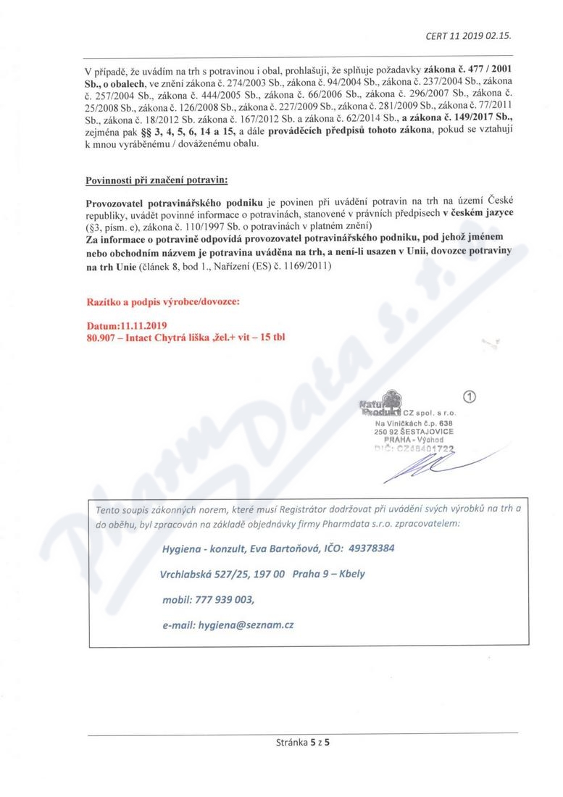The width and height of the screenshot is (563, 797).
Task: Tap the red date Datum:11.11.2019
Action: pos(127,326)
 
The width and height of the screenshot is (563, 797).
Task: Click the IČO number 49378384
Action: pos(367,548)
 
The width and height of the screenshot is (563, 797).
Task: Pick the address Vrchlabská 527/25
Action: pos(207,574)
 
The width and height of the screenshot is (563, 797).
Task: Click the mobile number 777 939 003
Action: pos(224,599)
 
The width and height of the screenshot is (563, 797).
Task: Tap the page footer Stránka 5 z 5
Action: pos(303,742)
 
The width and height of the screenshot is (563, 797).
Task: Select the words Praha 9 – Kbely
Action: pos(330,574)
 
